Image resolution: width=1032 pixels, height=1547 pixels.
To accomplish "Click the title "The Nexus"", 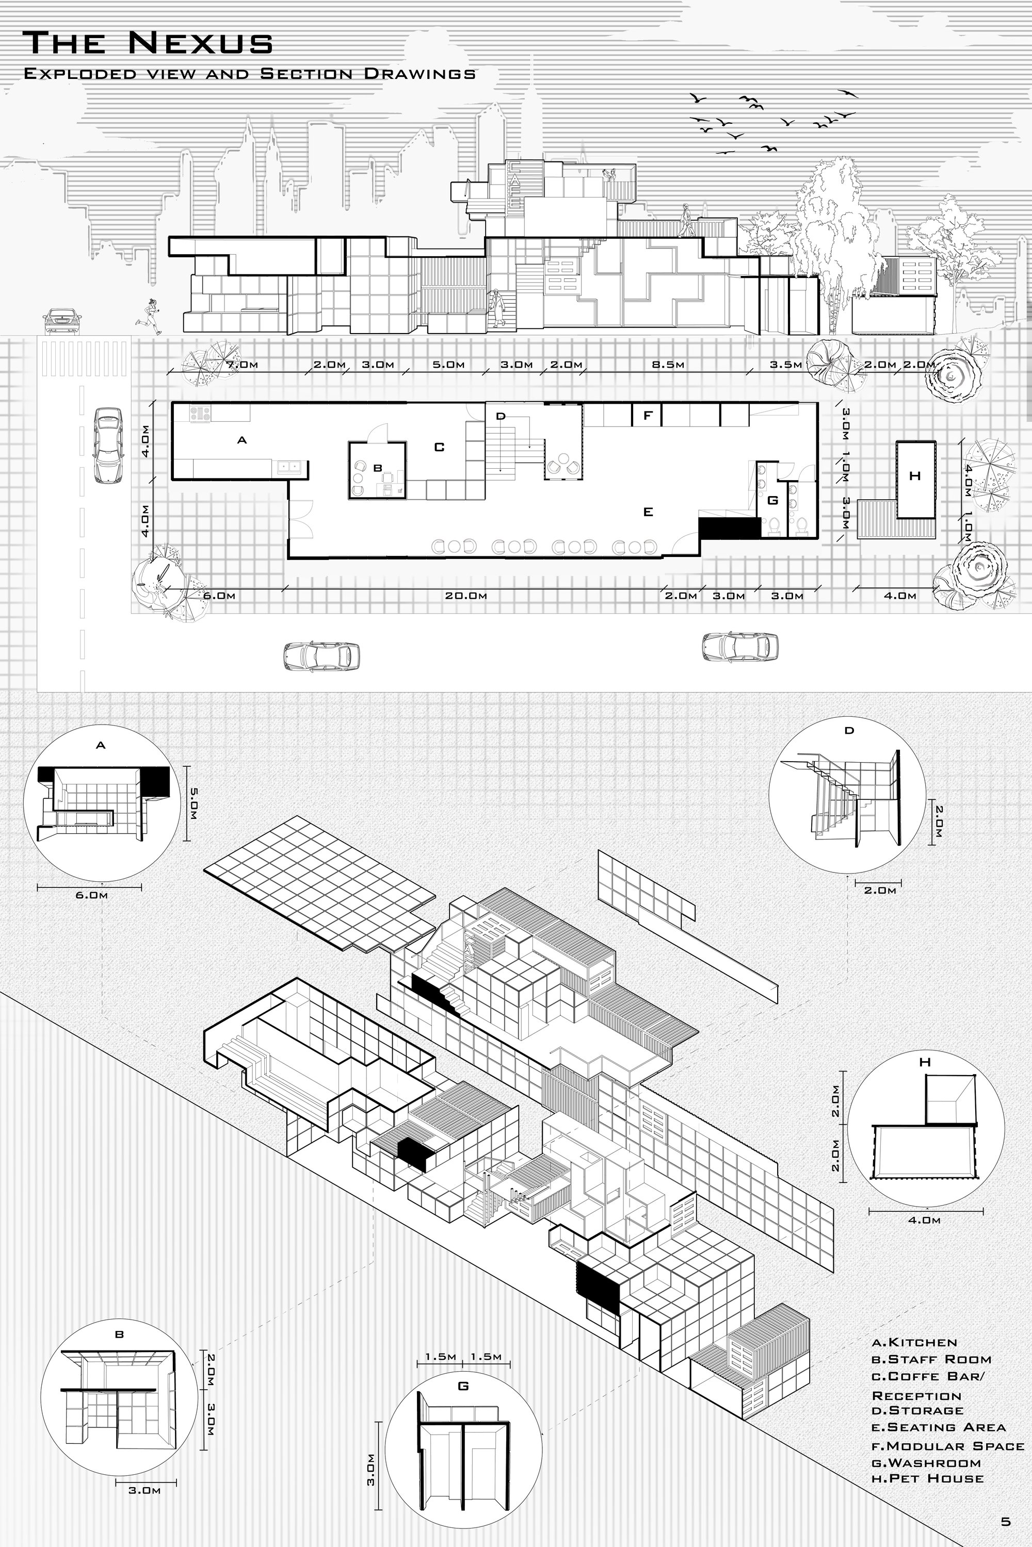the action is [148, 43].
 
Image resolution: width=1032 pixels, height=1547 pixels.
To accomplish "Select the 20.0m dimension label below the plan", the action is [465, 596].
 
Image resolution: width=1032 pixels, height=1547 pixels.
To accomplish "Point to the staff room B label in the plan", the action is [378, 468].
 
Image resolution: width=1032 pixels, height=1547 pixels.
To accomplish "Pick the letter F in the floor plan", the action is [648, 416].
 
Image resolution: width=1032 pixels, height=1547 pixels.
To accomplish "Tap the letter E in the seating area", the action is [648, 512].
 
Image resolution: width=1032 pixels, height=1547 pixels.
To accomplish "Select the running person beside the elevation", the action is [150, 317].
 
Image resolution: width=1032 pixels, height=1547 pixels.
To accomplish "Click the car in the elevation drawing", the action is [63, 320].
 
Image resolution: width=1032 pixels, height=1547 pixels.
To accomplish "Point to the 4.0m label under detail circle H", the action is [924, 1220].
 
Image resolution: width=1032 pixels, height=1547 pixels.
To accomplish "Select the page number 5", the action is [1005, 1521].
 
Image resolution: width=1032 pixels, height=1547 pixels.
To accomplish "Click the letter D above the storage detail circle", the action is [849, 731].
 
